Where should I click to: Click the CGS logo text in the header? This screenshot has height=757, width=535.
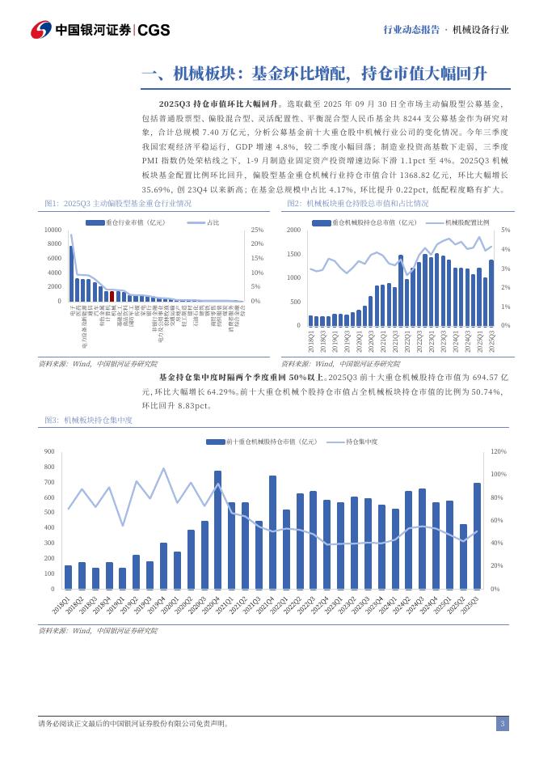pyautogui.click(x=154, y=30)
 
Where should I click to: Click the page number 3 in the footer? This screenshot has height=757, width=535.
pyautogui.click(x=502, y=723)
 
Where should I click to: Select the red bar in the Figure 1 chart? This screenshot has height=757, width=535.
pyautogui.click(x=112, y=296)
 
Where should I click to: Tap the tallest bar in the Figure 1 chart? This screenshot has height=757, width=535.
pyautogui.click(x=71, y=273)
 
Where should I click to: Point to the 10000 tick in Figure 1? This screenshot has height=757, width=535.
pyautogui.click(x=51, y=230)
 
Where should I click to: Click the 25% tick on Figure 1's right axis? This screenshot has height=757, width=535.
pyautogui.click(x=257, y=230)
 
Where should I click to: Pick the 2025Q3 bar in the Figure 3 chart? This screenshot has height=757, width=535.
pyautogui.click(x=477, y=536)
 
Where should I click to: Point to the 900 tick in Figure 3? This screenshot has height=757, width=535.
pyautogui.click(x=49, y=451)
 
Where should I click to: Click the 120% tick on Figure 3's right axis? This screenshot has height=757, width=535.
pyautogui.click(x=499, y=451)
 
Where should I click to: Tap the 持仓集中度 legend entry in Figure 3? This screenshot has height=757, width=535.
pyautogui.click(x=361, y=442)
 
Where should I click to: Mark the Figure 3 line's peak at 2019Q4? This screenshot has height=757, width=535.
pyautogui.click(x=164, y=468)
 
